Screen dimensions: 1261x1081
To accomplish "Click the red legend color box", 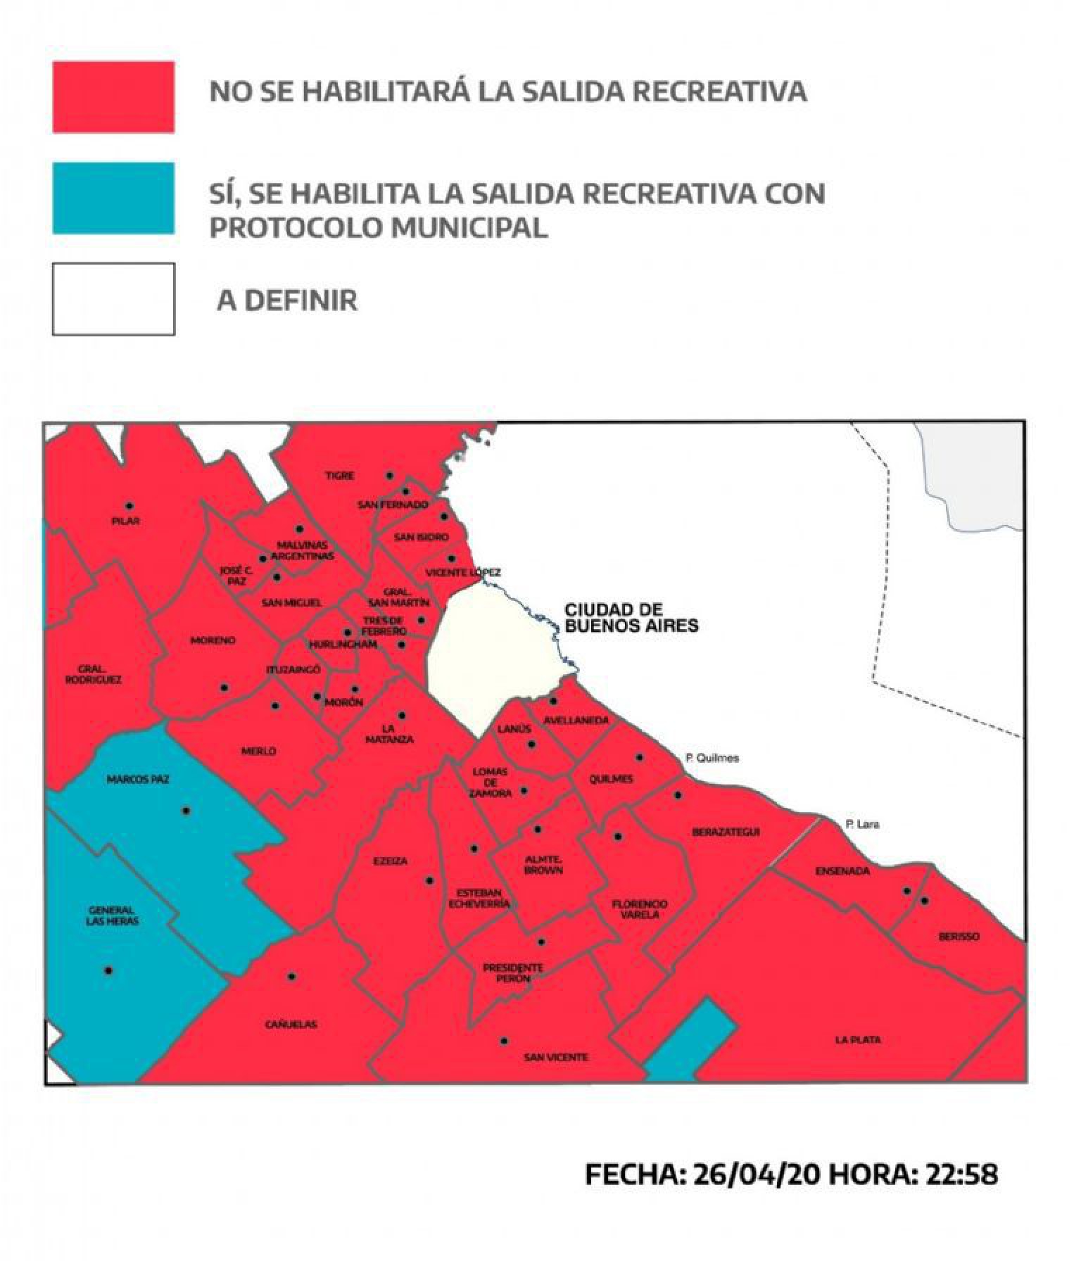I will click(113, 97).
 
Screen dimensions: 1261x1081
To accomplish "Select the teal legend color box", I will click(113, 198).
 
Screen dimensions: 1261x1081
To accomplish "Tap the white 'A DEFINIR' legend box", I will click(113, 299).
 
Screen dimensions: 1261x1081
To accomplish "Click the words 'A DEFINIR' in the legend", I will click(287, 300).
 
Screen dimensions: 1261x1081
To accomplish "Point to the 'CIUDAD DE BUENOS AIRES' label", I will click(631, 618).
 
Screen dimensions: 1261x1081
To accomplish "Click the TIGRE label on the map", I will click(339, 476).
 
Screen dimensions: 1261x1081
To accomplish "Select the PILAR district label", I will click(126, 521).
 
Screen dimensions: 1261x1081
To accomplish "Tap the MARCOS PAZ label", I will click(138, 780).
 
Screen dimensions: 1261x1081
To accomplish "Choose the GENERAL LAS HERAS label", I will click(113, 915).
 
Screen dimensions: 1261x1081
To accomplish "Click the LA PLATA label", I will click(858, 1040).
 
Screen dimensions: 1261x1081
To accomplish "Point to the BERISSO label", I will click(959, 937).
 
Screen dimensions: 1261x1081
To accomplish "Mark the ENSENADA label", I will click(842, 871).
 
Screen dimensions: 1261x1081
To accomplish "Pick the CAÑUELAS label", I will click(291, 1025).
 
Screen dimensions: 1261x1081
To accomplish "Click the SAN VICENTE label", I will click(556, 1057).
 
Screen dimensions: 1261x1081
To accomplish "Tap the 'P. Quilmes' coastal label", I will click(712, 758).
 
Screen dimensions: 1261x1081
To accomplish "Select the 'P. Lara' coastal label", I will click(862, 824).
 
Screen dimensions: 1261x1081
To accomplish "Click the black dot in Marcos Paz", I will click(187, 811).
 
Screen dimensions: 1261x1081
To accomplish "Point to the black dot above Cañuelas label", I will click(291, 977).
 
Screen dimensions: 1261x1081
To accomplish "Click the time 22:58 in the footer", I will click(962, 1174).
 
